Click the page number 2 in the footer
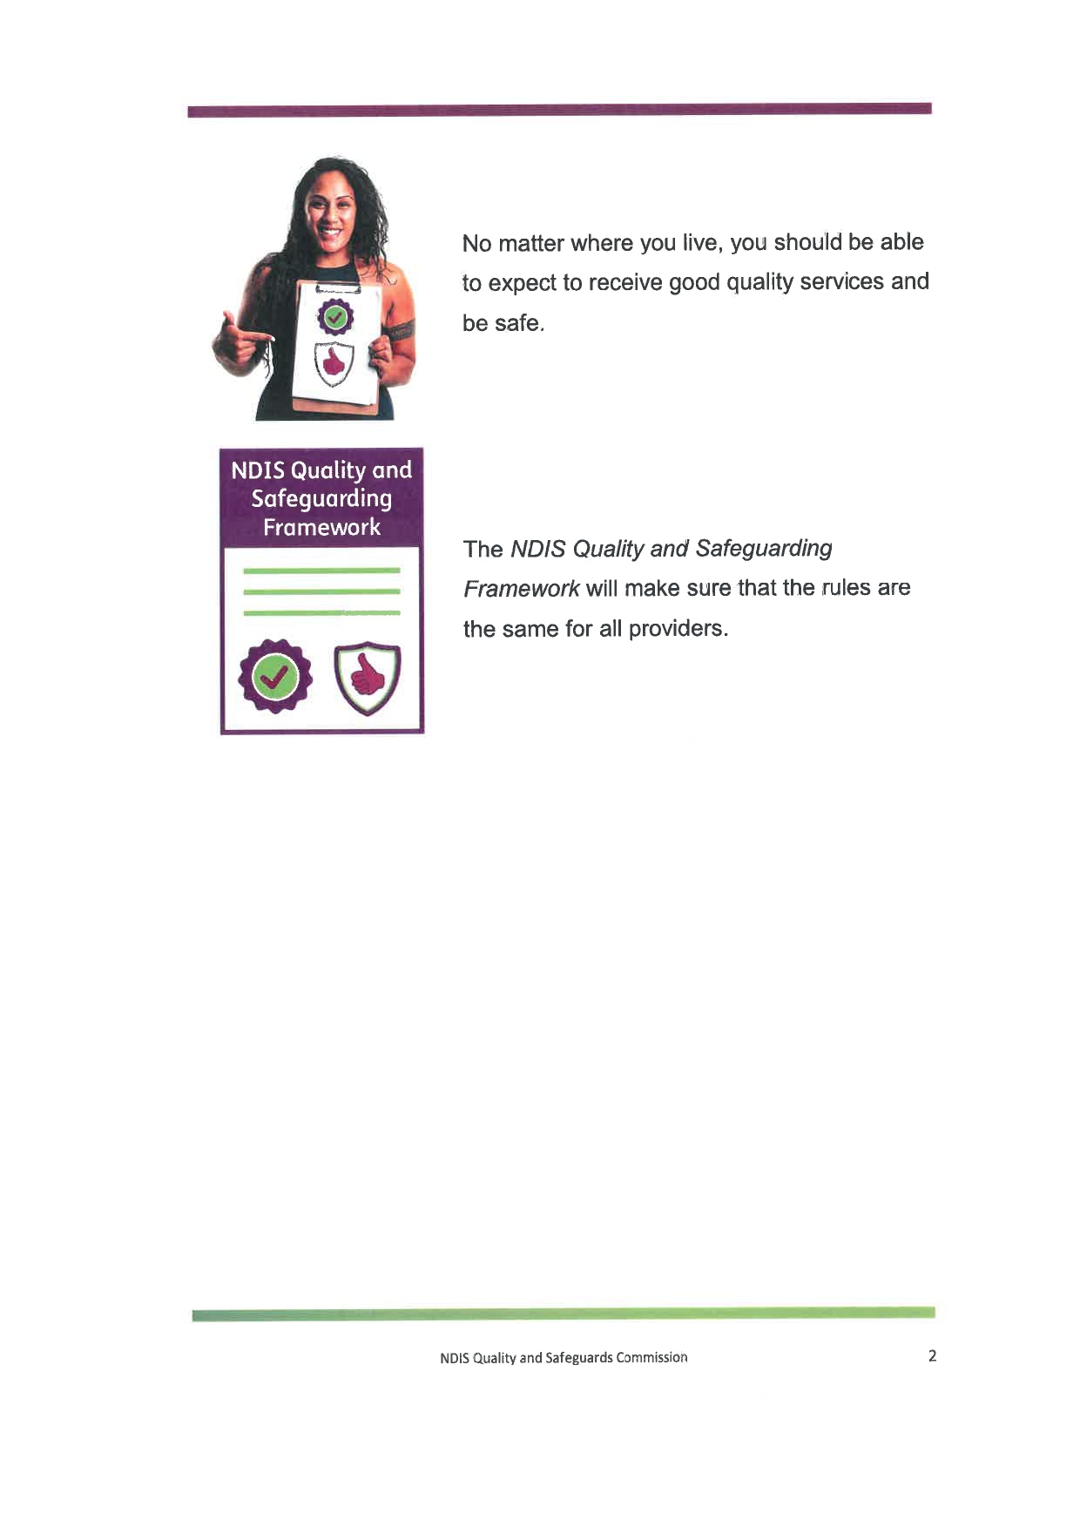(932, 1355)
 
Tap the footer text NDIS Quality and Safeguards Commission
(564, 1357)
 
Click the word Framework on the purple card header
(321, 527)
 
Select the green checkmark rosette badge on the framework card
(275, 676)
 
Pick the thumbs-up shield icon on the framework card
(368, 678)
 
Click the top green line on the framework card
(321, 571)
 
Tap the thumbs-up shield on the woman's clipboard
(334, 361)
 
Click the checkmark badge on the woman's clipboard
(335, 316)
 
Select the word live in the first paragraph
(701, 242)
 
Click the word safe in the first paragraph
(517, 323)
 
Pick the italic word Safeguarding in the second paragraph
(764, 548)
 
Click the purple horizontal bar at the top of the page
(559, 110)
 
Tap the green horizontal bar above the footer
(563, 1314)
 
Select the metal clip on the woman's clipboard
(338, 287)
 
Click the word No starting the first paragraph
(476, 243)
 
